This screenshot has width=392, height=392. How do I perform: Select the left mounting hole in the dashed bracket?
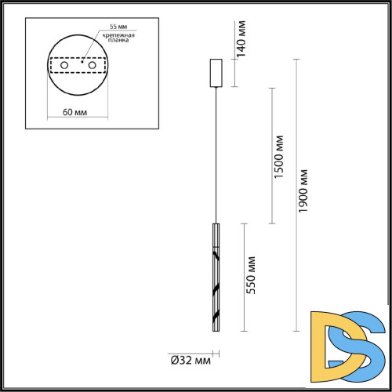tap(64, 66)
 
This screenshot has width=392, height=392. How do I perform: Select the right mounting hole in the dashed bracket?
tap(93, 66)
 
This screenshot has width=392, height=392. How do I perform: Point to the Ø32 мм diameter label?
tap(191, 361)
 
